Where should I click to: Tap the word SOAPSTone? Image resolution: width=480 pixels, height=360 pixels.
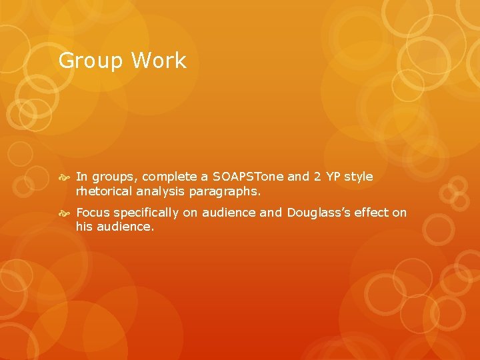[x=249, y=177]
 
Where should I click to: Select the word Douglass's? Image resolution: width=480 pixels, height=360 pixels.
[x=317, y=213]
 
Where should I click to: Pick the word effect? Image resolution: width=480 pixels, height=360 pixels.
[x=371, y=213]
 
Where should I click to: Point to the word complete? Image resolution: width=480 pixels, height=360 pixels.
[x=169, y=177]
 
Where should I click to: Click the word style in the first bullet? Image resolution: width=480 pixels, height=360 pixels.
[x=359, y=177]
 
